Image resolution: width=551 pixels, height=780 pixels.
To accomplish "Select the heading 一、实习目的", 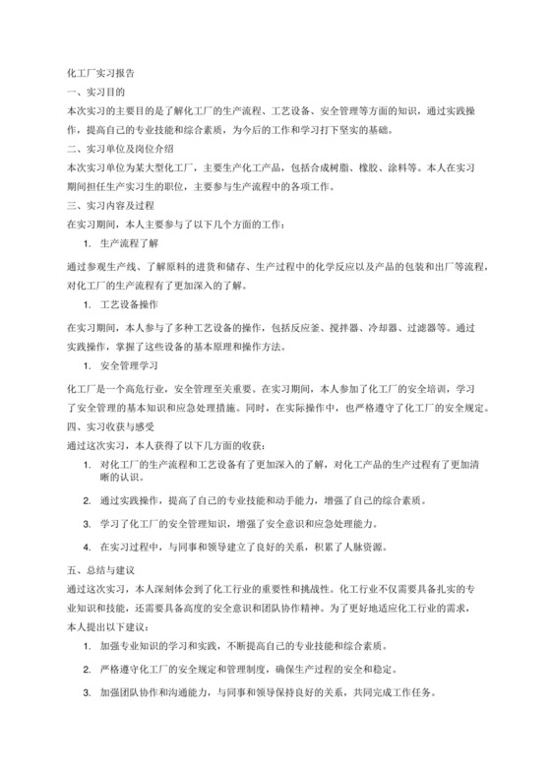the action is (x=92, y=92).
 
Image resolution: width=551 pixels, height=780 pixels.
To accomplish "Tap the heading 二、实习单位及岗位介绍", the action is (x=119, y=149).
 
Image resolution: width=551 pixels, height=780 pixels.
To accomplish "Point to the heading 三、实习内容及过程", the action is (x=110, y=206).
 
